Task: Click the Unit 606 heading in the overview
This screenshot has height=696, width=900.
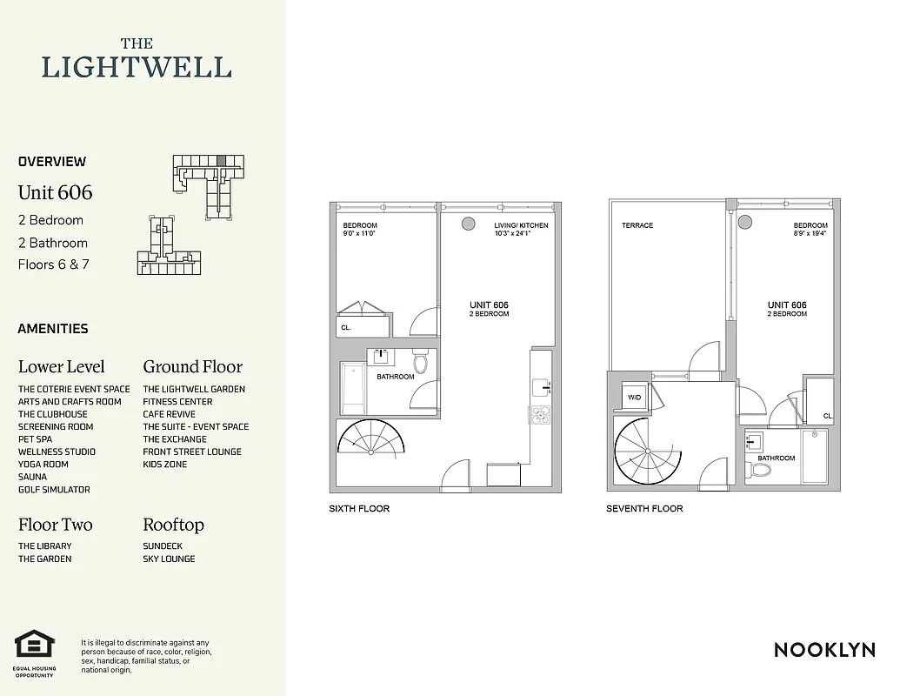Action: click(55, 192)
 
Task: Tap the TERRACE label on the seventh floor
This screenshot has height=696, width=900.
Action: click(637, 225)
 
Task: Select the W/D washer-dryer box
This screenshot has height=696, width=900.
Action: click(634, 397)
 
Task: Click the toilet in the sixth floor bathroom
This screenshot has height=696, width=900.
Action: click(421, 361)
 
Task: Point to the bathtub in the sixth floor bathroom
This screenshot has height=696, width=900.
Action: click(353, 388)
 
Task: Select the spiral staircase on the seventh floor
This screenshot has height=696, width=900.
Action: click(648, 452)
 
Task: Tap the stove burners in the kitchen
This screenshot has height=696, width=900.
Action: click(540, 413)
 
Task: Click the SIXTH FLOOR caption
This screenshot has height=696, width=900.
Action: click(359, 508)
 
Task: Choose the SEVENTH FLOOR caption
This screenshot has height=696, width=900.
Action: click(644, 508)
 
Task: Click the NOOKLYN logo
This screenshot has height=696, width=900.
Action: click(823, 649)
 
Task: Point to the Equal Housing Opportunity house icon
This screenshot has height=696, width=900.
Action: click(35, 646)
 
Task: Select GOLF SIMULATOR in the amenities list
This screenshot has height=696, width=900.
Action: click(54, 490)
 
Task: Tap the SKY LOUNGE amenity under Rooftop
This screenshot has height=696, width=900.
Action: click(169, 559)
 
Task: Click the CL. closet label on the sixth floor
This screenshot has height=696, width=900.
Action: click(346, 328)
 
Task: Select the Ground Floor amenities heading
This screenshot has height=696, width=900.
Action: click(192, 366)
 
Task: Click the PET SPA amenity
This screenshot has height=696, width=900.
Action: click(36, 439)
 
